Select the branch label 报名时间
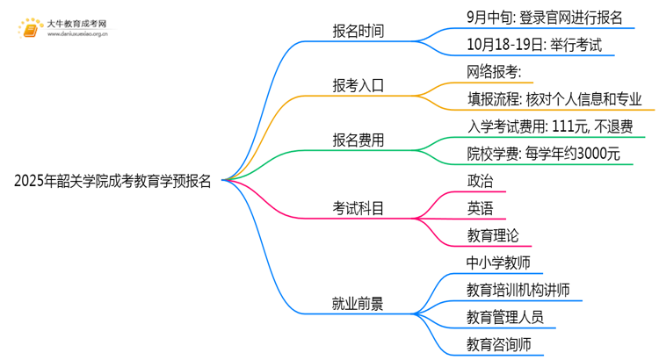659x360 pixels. click(358, 32)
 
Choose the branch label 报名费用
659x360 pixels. click(358, 140)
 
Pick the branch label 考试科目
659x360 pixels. click(358, 208)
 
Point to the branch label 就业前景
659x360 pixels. click(358, 304)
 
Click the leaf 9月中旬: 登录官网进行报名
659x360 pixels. click(546, 17)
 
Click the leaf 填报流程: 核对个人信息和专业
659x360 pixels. click(554, 99)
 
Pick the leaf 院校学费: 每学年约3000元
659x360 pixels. click(543, 154)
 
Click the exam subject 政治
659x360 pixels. click(481, 181)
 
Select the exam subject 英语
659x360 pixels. click(481, 208)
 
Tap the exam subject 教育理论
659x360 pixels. click(493, 235)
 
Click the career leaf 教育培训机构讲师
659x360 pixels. click(518, 290)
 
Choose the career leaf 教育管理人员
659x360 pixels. click(505, 317)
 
